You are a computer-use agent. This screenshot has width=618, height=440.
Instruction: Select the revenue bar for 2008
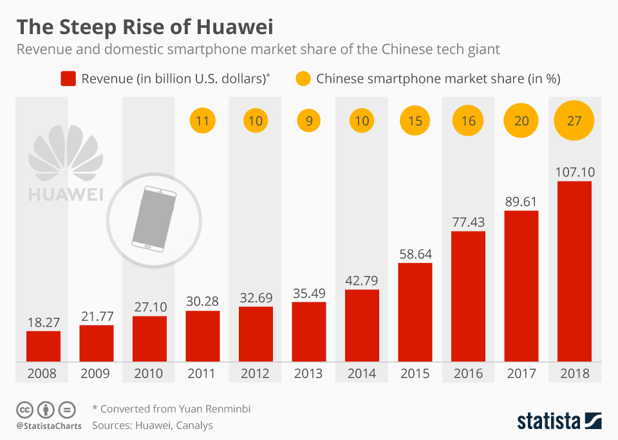[x=43, y=345]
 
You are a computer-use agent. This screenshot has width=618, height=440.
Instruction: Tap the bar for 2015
[x=415, y=311]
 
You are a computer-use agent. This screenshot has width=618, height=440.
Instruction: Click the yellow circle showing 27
[x=574, y=120]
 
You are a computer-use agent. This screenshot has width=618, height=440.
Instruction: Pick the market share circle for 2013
[x=309, y=120]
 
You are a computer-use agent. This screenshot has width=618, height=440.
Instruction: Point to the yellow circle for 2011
[x=202, y=120]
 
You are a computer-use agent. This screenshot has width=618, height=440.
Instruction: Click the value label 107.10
[x=574, y=172]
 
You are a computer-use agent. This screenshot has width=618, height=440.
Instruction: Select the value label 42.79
[x=362, y=280]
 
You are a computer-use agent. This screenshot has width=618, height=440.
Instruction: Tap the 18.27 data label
[x=43, y=322]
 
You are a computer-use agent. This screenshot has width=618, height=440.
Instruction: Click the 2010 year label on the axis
[x=149, y=373]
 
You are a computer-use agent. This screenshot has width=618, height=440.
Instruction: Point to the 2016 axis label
[x=468, y=373]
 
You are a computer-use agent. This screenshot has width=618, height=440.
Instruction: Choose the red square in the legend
[x=68, y=79]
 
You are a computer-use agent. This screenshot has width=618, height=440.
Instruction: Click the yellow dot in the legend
[x=303, y=79]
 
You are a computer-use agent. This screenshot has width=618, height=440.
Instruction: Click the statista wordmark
[x=548, y=421]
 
